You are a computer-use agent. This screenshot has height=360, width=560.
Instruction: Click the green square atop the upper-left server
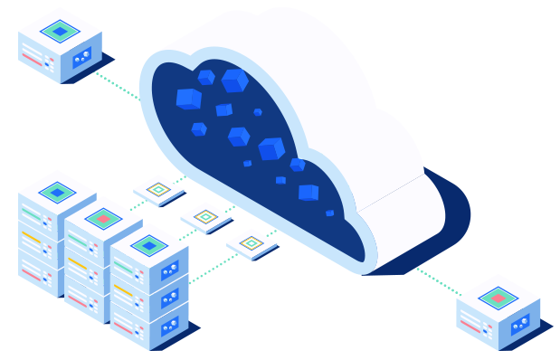[60, 31]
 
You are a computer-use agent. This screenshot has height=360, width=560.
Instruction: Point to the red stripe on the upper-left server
[32, 59]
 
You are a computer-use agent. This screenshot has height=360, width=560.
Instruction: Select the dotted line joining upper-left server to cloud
[116, 85]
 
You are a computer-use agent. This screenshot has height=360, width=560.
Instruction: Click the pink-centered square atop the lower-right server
[498, 298]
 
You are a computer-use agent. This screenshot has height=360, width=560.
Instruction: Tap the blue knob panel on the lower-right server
[519, 324]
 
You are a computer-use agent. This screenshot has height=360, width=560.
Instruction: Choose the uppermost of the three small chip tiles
[158, 189]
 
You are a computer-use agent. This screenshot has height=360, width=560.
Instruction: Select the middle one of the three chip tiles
[205, 216]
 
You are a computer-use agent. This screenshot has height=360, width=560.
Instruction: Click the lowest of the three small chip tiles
[252, 242]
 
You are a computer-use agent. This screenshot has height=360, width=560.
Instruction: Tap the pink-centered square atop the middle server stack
[103, 218]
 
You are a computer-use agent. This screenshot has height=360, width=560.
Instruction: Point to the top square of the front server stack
[149, 245]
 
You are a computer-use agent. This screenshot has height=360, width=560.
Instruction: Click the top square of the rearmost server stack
[57, 192]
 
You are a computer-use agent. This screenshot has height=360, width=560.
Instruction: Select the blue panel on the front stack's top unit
[169, 271]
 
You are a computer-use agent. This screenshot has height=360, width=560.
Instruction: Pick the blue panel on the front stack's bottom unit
[169, 326]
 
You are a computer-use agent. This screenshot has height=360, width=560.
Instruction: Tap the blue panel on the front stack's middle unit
[169, 298]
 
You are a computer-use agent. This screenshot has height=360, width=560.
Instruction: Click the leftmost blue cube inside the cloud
[188, 98]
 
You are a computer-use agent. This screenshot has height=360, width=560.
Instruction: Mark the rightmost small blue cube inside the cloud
[330, 213]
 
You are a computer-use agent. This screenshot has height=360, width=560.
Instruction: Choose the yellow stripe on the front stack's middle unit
[123, 292]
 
